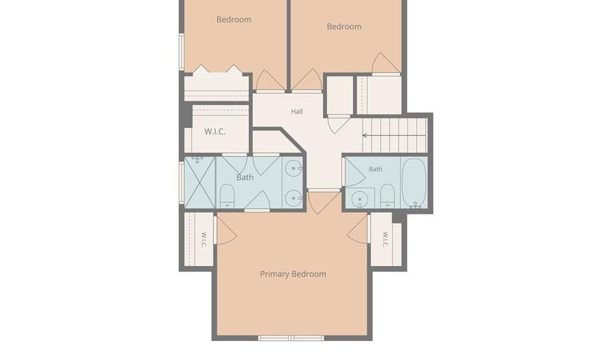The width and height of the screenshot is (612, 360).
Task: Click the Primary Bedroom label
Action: click(293, 274)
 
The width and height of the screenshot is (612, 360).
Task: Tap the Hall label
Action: click(296, 112)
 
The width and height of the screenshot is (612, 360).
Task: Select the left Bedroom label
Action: click(234, 20)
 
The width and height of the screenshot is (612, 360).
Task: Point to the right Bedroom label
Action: click(344, 27)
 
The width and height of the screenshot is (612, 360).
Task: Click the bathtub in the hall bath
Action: click(413, 182)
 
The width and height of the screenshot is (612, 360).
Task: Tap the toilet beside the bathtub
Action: click(387, 195)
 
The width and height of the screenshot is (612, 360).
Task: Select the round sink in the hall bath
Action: click(358, 200)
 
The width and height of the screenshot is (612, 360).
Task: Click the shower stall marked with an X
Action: click(199, 182)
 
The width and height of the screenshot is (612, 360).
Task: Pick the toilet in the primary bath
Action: click(227, 196)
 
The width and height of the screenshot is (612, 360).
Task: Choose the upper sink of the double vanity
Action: click(292, 168)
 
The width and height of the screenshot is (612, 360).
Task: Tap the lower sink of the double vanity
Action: click(292, 198)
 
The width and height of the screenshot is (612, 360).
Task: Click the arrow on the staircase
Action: click(394, 135)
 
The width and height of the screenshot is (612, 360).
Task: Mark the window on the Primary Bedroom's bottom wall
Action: click(291, 338)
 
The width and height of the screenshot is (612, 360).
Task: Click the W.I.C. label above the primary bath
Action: click(215, 131)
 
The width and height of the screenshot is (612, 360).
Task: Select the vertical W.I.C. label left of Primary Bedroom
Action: click(203, 240)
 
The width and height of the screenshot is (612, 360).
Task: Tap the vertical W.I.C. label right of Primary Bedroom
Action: click(386, 240)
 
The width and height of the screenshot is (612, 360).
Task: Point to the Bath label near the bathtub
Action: click(375, 169)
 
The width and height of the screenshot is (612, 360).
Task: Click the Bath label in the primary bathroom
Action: click(245, 177)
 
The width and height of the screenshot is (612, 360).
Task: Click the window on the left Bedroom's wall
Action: click(182, 52)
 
